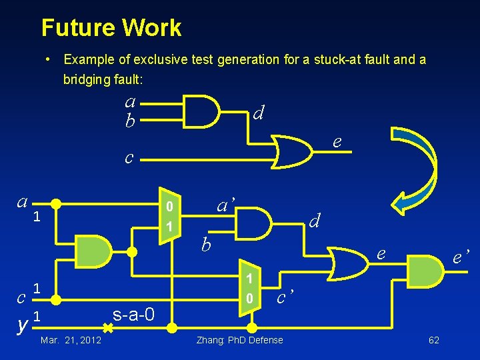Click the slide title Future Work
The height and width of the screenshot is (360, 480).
[x=111, y=28]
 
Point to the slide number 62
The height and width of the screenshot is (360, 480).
[x=433, y=341]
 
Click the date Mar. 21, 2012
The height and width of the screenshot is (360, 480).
[x=71, y=341]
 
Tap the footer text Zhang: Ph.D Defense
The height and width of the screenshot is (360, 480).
[x=239, y=341]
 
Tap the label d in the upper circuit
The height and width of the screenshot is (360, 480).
[x=259, y=113]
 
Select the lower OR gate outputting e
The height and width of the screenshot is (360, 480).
[x=347, y=263]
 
